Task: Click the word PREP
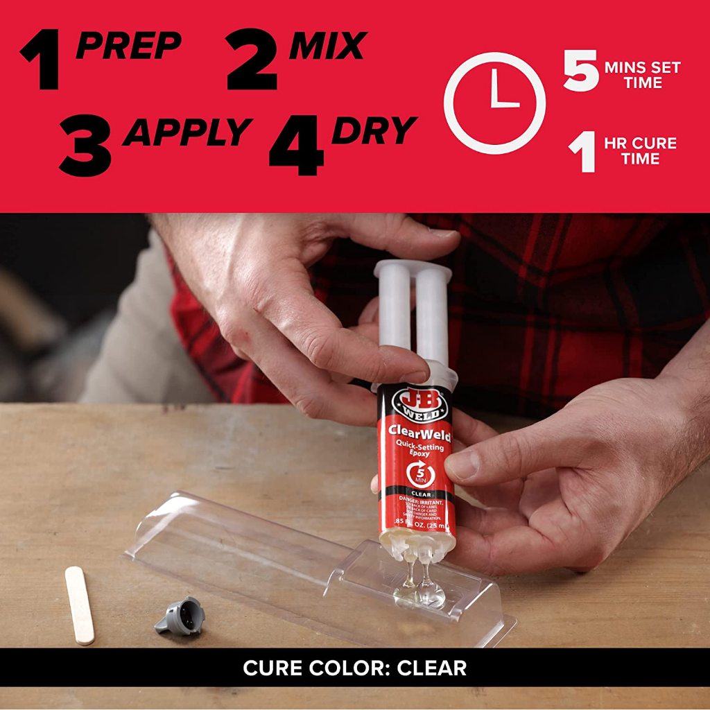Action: tap(128, 46)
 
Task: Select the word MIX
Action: tap(327, 46)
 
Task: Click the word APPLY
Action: tap(187, 131)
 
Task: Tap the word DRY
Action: tap(374, 130)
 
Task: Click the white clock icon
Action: tap(494, 103)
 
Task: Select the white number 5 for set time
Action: tap(580, 73)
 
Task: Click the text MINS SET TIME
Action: tap(642, 75)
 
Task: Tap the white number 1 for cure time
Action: tap(583, 153)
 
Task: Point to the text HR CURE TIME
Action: tap(639, 151)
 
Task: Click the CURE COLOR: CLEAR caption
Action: tap(354, 668)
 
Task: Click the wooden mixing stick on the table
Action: tap(80, 604)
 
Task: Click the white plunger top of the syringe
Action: tap(413, 270)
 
